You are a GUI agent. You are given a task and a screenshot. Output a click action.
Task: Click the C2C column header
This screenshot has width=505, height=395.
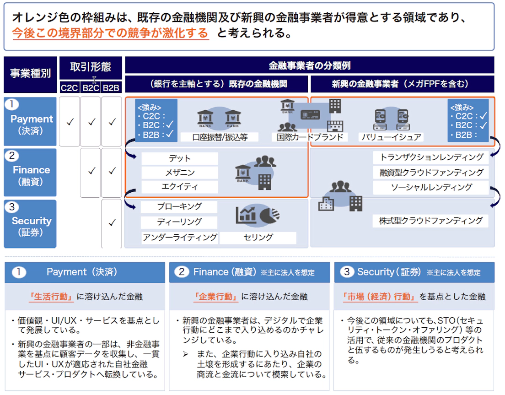pos(70,87)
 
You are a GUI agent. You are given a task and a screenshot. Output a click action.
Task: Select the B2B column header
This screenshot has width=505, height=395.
pos(112,87)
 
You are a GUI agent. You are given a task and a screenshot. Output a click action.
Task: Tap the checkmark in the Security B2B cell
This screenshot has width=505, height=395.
pos(112,223)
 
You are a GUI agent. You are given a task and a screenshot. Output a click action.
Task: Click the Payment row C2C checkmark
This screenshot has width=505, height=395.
pos(70,122)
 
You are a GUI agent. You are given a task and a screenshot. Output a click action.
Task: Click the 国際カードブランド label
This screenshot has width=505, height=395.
pos(310,137)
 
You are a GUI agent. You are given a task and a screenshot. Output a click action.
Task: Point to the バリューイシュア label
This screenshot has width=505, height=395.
pos(391,137)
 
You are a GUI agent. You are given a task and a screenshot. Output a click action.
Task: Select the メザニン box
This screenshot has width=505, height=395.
pos(180,173)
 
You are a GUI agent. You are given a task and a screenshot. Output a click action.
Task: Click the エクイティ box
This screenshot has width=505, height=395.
pos(180,187)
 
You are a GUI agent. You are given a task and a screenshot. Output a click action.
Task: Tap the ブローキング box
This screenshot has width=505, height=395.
pos(179,206)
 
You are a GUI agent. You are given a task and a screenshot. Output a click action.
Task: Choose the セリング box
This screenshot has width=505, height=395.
pos(258,238)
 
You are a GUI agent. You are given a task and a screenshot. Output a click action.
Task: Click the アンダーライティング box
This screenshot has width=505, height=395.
pos(180,238)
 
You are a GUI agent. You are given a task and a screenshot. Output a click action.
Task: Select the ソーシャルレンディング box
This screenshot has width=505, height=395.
pos(431,187)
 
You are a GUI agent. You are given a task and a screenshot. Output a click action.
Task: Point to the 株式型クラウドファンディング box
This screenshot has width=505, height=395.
pos(431,221)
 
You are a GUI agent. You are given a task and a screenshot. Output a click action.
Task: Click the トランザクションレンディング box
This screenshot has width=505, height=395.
pos(431,157)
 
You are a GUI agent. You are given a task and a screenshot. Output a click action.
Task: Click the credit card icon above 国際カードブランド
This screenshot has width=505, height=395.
pos(310,115)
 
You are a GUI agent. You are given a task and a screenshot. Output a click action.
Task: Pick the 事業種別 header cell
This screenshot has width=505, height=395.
pos(30,74)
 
